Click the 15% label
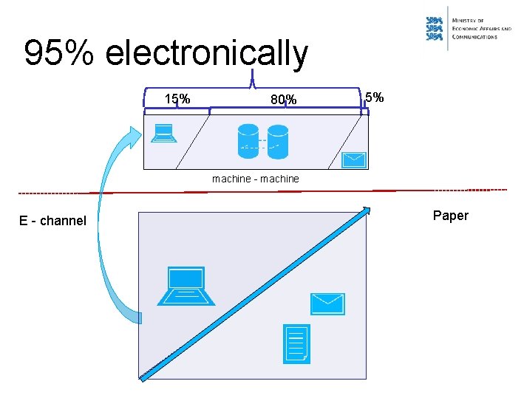pyautogui.click(x=177, y=99)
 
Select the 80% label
pyautogui.click(x=283, y=100)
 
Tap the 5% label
pyautogui.click(x=374, y=97)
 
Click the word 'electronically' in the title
pyautogui.click(x=207, y=53)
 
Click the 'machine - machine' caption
pyautogui.click(x=255, y=179)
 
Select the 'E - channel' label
pyautogui.click(x=52, y=221)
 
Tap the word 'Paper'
pyautogui.click(x=450, y=216)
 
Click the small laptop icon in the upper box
pyautogui.click(x=163, y=133)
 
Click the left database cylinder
pyautogui.click(x=248, y=140)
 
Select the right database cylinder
pyautogui.click(x=277, y=140)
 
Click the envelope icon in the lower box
pyautogui.click(x=327, y=303)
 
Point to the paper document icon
pyautogui.click(x=296, y=344)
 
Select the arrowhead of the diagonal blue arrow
pyautogui.click(x=365, y=211)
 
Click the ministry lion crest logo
pyautogui.click(x=435, y=29)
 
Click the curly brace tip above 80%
pyautogui.click(x=254, y=72)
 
